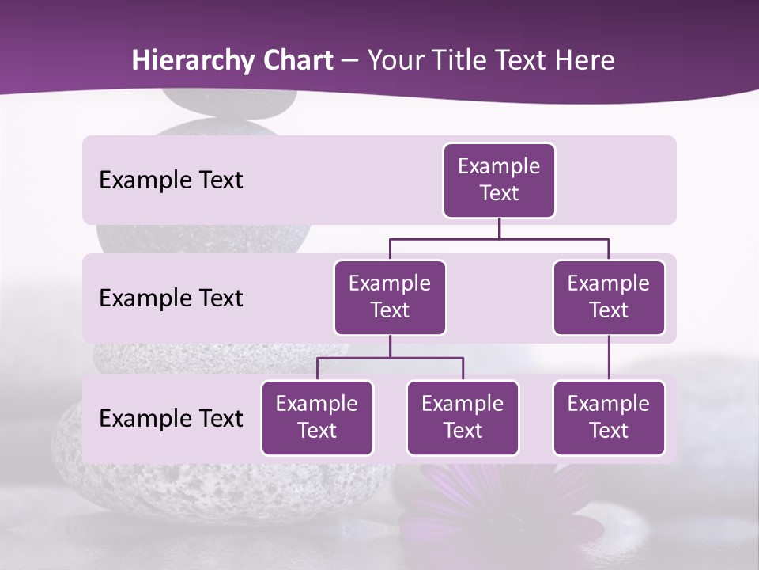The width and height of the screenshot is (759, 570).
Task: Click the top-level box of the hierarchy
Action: [x=499, y=180]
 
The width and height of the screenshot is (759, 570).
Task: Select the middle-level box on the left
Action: [x=390, y=298]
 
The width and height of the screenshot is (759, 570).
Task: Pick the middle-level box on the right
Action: [x=609, y=298]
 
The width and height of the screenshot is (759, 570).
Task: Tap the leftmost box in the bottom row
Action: [x=317, y=418]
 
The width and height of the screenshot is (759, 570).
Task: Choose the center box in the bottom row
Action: [x=463, y=418]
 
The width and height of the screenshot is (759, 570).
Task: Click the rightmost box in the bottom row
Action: [x=609, y=418]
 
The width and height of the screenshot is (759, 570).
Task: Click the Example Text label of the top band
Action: [x=171, y=180]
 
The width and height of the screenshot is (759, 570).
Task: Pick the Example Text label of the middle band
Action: [x=171, y=298]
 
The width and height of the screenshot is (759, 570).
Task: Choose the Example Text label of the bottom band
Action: [x=171, y=419]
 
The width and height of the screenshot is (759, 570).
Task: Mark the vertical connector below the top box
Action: [x=499, y=228]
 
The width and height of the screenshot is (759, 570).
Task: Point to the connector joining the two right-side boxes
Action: [x=609, y=358]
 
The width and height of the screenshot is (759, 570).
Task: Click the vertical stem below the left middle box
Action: [x=390, y=347]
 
